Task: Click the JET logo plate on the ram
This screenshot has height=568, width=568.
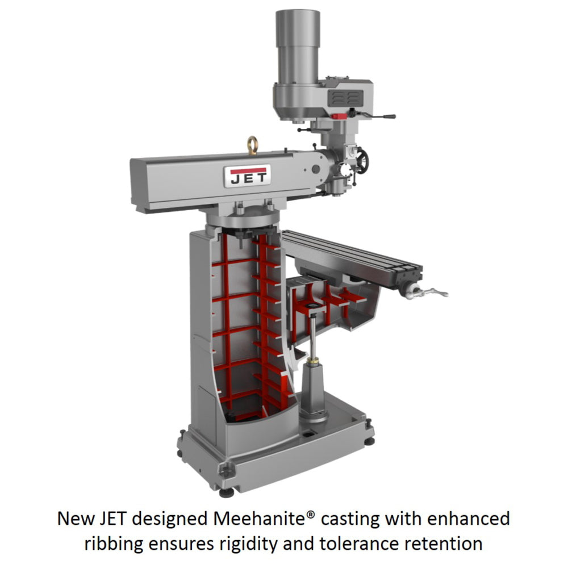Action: coord(248,176)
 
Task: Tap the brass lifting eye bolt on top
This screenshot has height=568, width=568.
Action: coord(252,145)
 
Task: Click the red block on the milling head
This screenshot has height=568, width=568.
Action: coord(339,116)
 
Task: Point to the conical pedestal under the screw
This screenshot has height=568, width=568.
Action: coord(314,392)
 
